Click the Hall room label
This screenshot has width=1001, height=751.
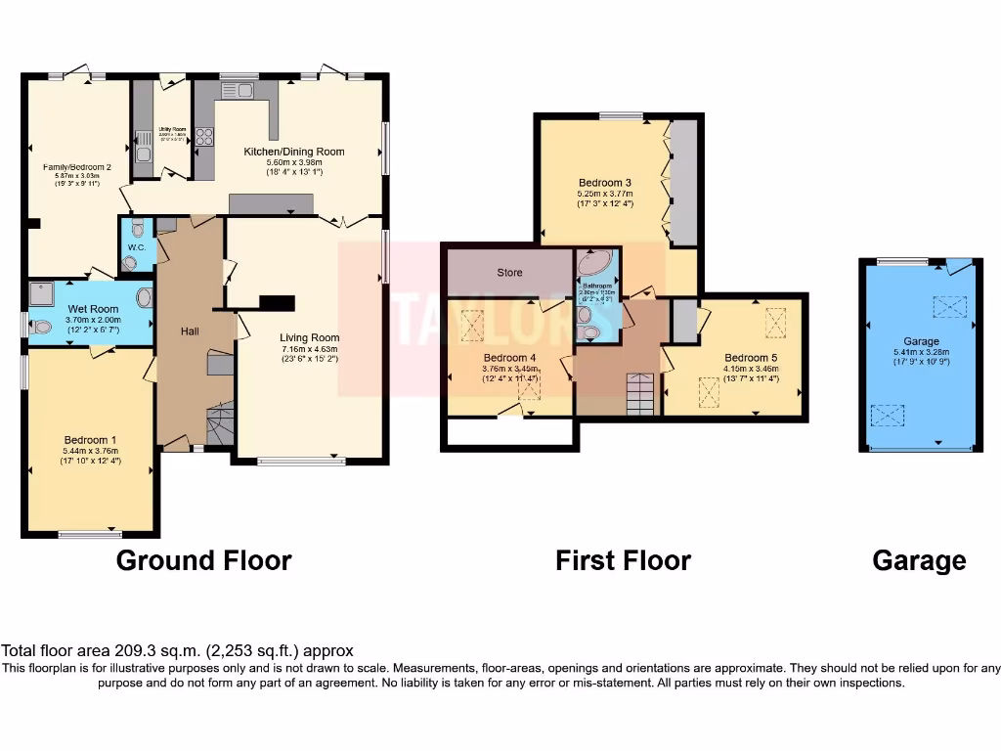coord(190,332)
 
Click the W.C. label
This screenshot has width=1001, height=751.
coord(136,247)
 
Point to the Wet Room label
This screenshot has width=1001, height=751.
coord(94,308)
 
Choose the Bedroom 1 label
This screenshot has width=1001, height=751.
coord(90,440)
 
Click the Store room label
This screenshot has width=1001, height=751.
coord(509,273)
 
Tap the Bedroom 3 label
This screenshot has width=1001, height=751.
coord(604,183)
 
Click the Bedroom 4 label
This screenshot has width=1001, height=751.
coord(508,358)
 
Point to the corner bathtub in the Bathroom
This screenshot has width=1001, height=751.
coord(594,265)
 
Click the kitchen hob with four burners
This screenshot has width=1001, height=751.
coord(204,137)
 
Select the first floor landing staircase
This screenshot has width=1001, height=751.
coord(640,394)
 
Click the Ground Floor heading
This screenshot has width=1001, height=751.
coord(203,560)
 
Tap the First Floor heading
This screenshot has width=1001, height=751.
coord(623,560)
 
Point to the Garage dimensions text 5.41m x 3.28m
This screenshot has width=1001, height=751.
coord(920,352)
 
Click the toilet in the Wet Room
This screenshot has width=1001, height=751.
coord(39,328)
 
